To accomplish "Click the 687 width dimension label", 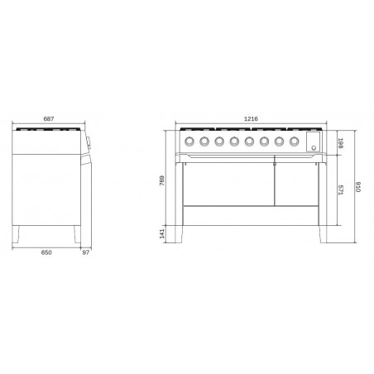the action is click(49, 119).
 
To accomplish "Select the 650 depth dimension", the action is click(46, 252).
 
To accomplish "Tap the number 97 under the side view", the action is click(86, 252).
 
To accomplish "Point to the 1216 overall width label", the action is click(251, 119).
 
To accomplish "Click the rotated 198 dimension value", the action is click(340, 143).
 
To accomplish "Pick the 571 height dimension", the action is click(340, 190).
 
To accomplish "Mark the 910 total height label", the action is click(358, 187).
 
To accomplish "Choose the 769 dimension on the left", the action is click(162, 180).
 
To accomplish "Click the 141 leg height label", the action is click(162, 233).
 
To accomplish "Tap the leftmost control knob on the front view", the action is click(189, 141).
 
